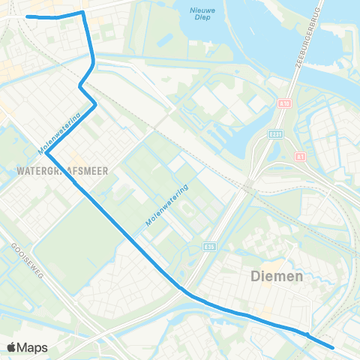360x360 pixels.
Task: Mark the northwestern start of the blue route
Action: tap(28, 16)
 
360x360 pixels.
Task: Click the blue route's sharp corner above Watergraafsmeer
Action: tap(46, 154)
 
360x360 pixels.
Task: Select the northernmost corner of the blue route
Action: tap(82, 12)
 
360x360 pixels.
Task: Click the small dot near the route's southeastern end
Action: tap(307, 334)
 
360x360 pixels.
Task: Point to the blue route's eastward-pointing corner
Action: tap(95, 106)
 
